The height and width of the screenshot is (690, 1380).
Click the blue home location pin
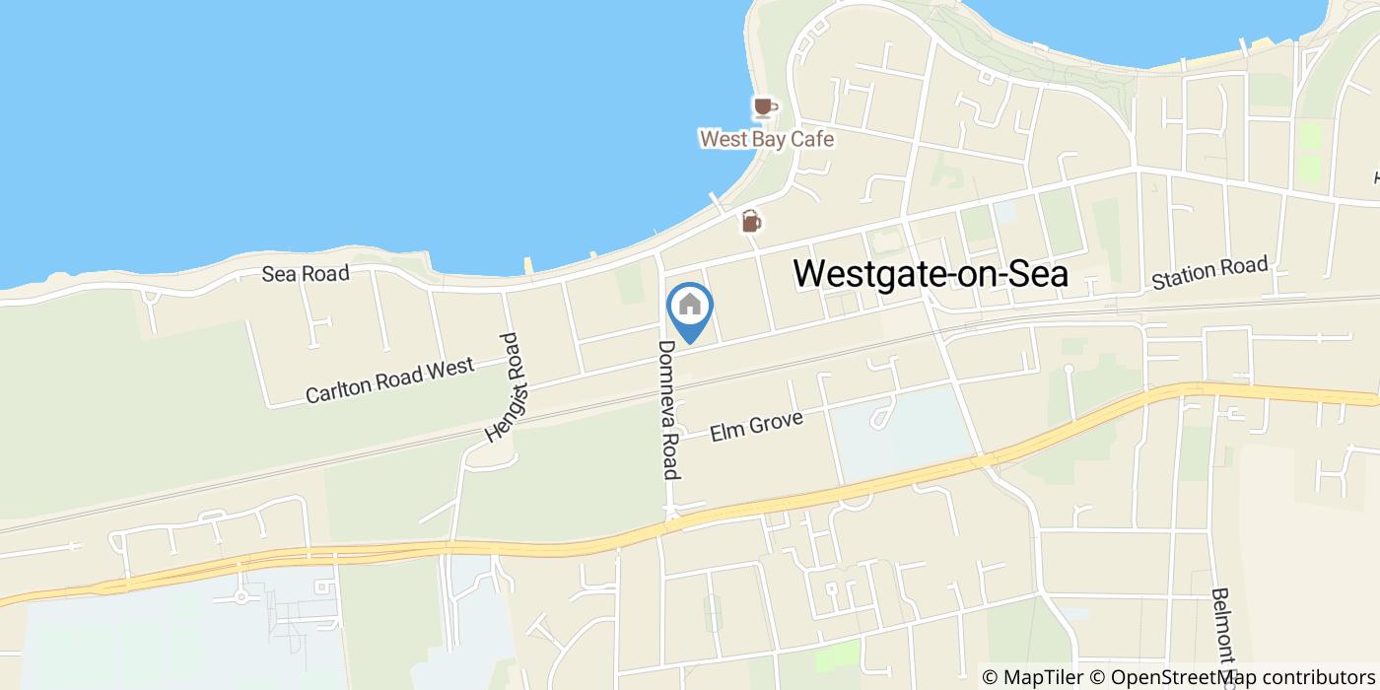(690, 306)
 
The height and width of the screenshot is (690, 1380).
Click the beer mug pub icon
(751, 221)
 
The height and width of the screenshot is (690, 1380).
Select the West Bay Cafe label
(766, 139)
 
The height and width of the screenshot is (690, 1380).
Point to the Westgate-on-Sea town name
(931, 273)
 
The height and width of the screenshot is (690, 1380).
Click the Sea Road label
(306, 274)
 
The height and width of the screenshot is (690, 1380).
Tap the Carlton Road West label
(389, 381)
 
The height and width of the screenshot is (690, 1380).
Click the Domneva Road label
(668, 409)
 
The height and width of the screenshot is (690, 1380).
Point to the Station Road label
(1209, 273)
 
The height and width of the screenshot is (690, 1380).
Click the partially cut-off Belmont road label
(1224, 631)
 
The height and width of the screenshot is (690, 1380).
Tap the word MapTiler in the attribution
(1044, 677)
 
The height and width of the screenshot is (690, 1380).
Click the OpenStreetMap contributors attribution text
(1241, 677)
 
